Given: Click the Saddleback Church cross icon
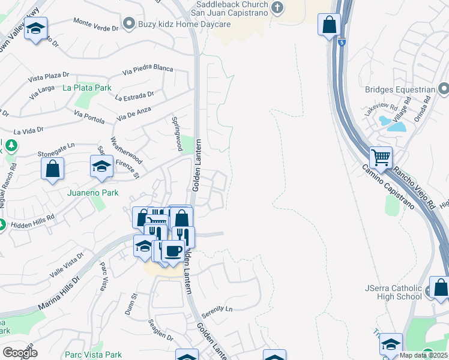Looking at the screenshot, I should coord(277,8).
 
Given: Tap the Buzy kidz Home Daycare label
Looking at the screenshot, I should coord(176,24).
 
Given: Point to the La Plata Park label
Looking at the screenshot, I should coord(87,88).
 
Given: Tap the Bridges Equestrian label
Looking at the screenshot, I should coord(400,90).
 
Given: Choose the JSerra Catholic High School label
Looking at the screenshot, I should coord(393,292).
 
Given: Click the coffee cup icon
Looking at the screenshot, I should coord(173,251).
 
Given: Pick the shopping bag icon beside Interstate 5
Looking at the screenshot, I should coord(329,25).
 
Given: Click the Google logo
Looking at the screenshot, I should coord(19,352).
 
